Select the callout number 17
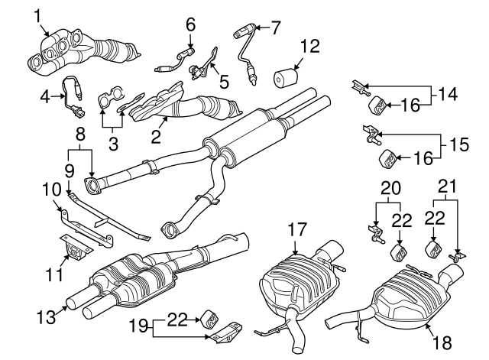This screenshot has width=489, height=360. point(298,228)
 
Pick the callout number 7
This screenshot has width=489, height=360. point(275,28)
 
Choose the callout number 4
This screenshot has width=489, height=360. point(44,96)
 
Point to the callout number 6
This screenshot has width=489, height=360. point(190,24)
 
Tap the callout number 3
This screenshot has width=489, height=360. point(112,143)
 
